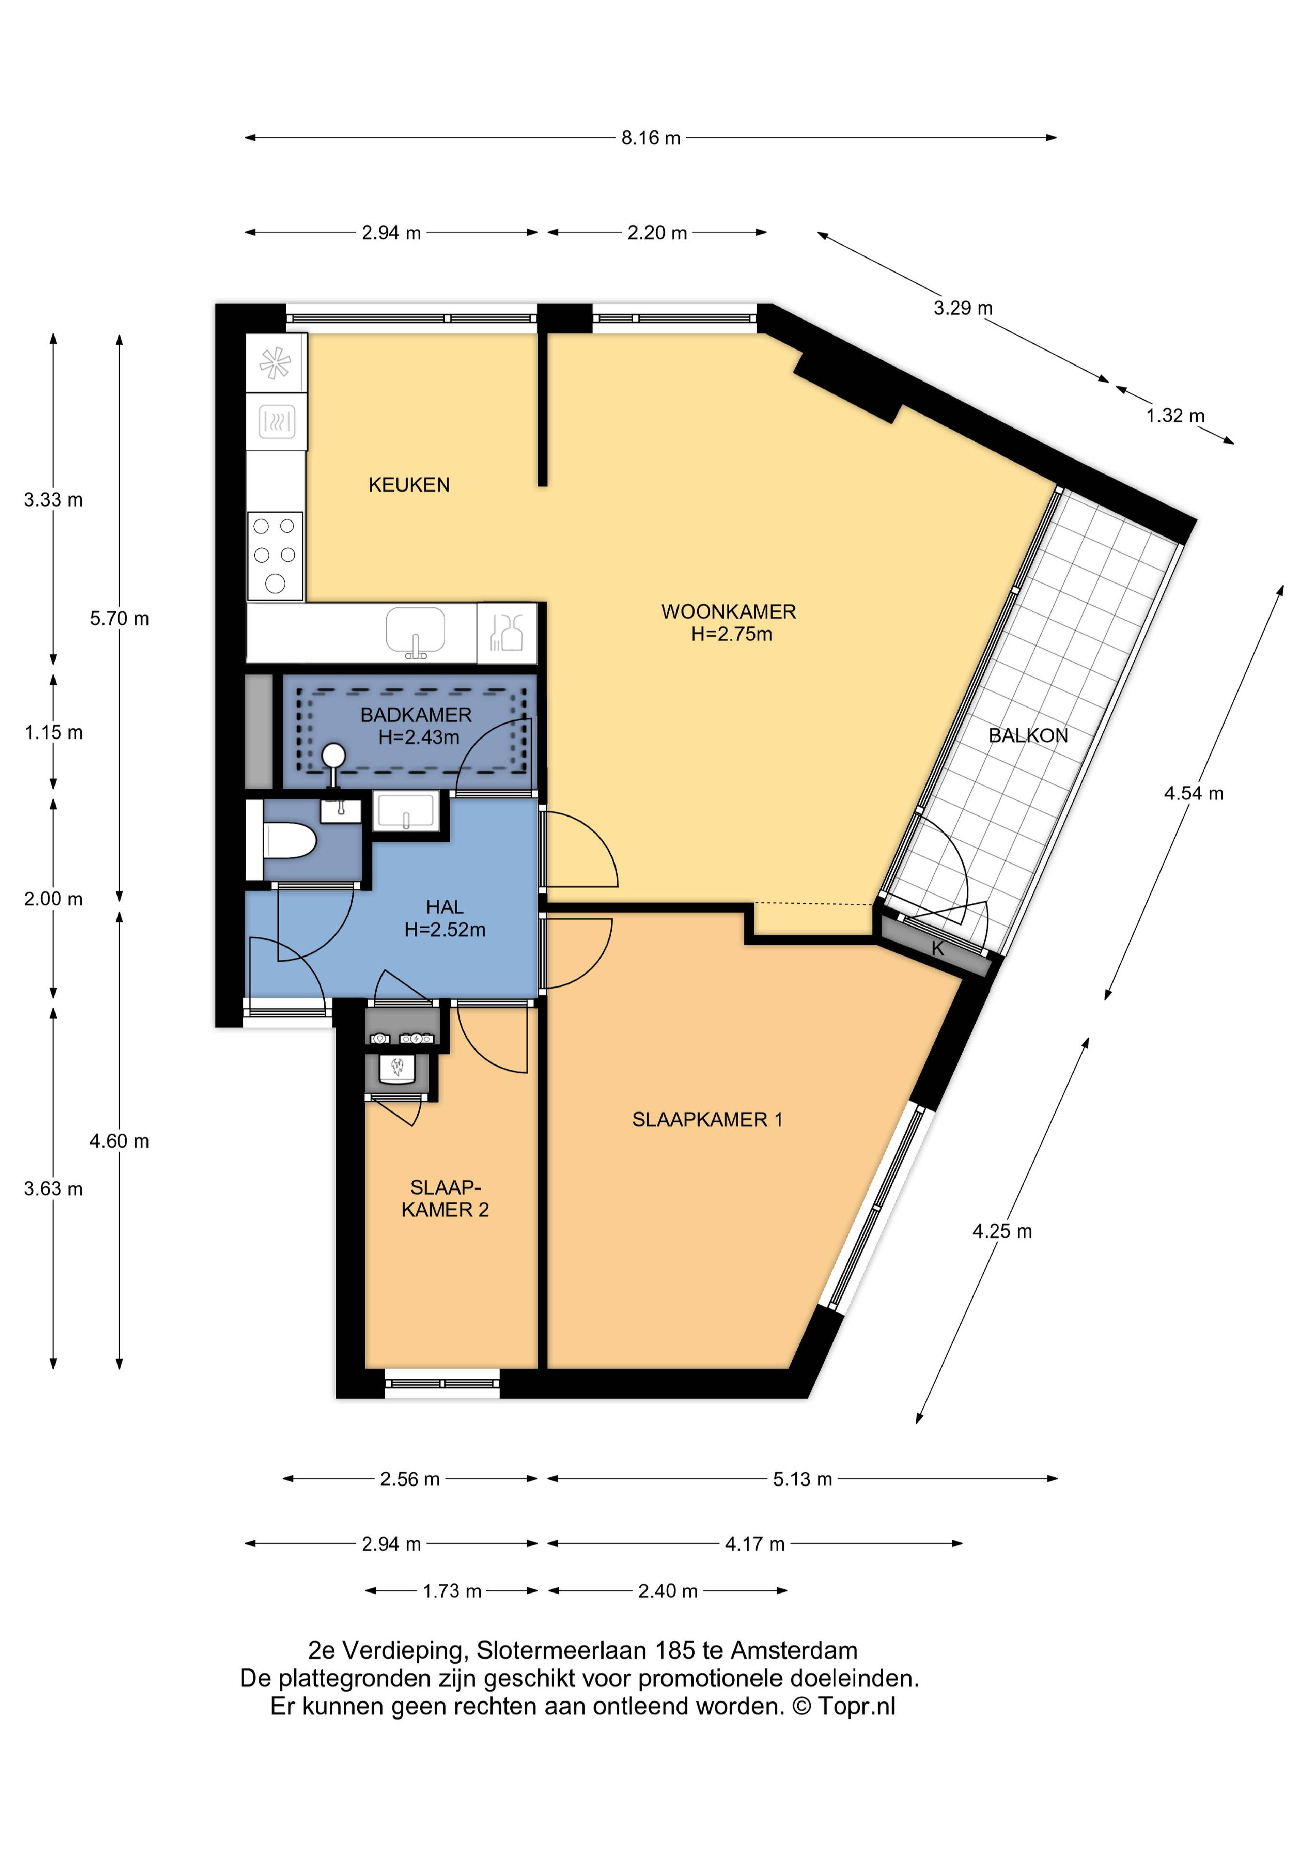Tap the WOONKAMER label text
(729, 611)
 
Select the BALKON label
(1028, 736)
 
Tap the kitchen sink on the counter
(415, 633)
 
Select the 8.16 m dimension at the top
(650, 138)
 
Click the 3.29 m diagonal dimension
(963, 308)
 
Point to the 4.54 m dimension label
(1194, 794)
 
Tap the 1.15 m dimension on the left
(53, 732)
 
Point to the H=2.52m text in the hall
(445, 930)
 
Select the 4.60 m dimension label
(119, 1141)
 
